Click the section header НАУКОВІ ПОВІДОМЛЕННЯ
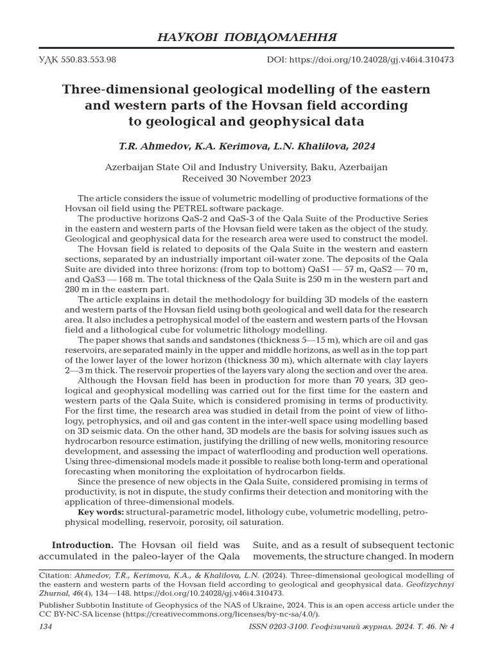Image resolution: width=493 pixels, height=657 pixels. point(246,36)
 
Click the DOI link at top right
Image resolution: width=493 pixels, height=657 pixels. point(360,59)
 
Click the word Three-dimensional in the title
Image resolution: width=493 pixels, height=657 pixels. point(116,89)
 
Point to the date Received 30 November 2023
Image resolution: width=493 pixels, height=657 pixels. point(246,178)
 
